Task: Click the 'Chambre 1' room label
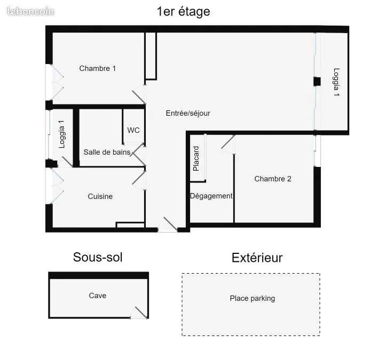(x=98, y=68)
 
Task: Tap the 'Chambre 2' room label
(x=273, y=179)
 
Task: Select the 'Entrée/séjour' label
(x=188, y=113)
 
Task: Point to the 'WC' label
(x=133, y=130)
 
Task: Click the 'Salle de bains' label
(x=107, y=152)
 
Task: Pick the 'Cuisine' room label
(x=100, y=196)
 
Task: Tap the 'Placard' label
(x=196, y=158)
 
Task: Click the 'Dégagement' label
(x=211, y=196)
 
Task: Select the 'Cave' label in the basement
(x=98, y=295)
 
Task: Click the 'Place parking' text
(x=253, y=298)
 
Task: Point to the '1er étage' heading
(x=184, y=12)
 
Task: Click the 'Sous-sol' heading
(x=98, y=257)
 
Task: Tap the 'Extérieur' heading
(x=257, y=258)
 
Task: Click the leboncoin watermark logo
(x=30, y=11)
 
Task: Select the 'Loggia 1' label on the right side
(x=336, y=82)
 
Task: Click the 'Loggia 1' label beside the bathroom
(x=62, y=134)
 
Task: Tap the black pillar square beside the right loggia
(x=317, y=82)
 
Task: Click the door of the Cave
(x=139, y=313)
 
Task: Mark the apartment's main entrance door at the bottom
(x=168, y=225)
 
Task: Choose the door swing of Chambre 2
(x=228, y=145)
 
